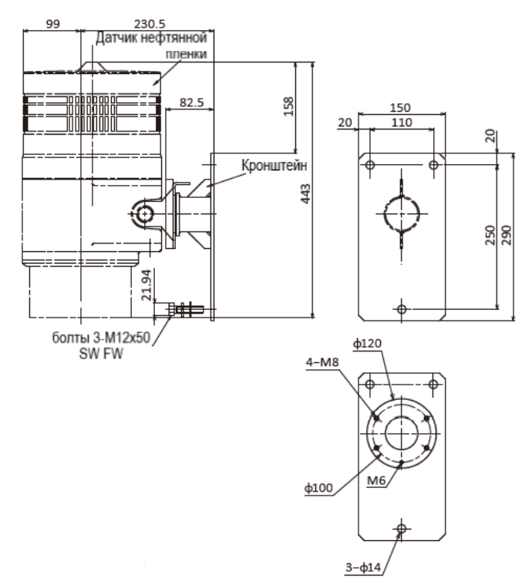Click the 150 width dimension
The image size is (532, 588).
point(401,107)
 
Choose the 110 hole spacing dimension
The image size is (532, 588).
point(401,122)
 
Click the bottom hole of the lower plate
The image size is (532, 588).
point(400,529)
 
